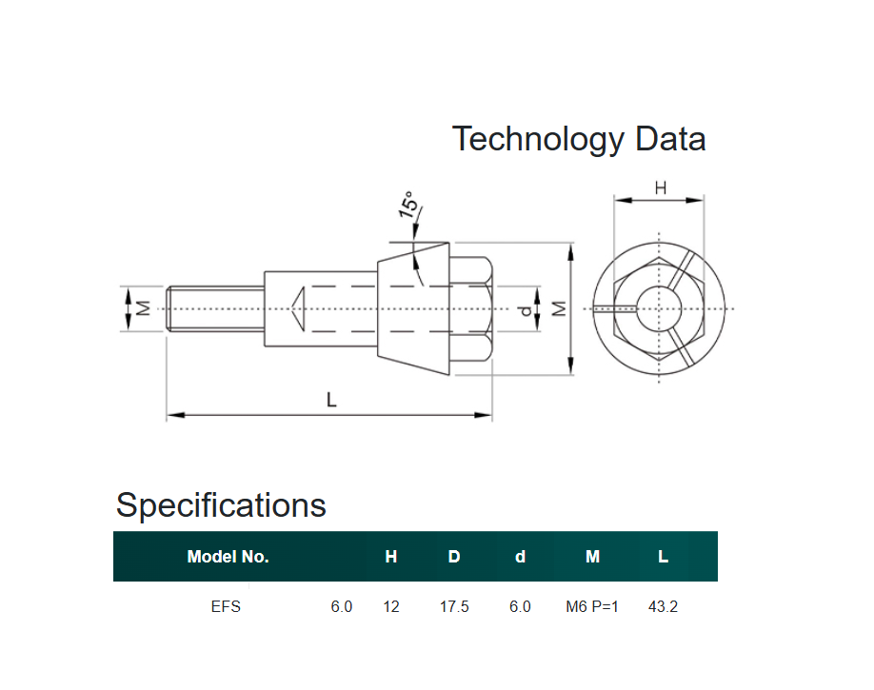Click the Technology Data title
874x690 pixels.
(x=579, y=139)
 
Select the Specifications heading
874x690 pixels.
(x=221, y=504)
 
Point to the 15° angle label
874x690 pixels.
(x=407, y=205)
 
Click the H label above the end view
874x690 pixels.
(x=660, y=188)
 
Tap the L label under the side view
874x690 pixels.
(x=331, y=401)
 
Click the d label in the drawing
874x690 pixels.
(x=525, y=310)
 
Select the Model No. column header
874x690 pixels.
(x=228, y=557)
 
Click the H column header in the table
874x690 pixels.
(x=391, y=557)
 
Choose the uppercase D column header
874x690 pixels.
(x=454, y=557)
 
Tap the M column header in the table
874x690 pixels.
(x=592, y=557)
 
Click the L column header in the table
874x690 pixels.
(x=663, y=557)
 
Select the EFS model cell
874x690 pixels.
(x=226, y=606)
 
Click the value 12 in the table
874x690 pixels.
(x=391, y=606)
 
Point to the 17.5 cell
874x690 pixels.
(x=454, y=606)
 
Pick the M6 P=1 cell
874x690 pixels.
(x=592, y=606)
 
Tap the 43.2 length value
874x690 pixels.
(x=663, y=606)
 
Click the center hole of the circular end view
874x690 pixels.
(x=659, y=308)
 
